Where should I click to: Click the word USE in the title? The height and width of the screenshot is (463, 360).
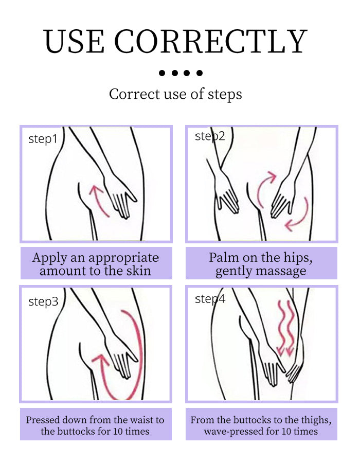coord(74,41)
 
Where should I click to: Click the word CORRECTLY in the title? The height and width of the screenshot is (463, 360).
coord(211,41)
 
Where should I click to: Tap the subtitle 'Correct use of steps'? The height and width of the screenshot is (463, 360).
coord(175,95)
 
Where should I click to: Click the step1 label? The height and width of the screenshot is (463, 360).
coord(43,139)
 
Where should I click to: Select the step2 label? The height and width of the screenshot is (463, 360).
coord(210,136)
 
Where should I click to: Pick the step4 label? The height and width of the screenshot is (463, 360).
coord(210,299)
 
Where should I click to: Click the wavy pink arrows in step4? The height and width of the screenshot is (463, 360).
coord(285,328)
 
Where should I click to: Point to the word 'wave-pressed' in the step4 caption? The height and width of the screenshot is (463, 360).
coord(233,432)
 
